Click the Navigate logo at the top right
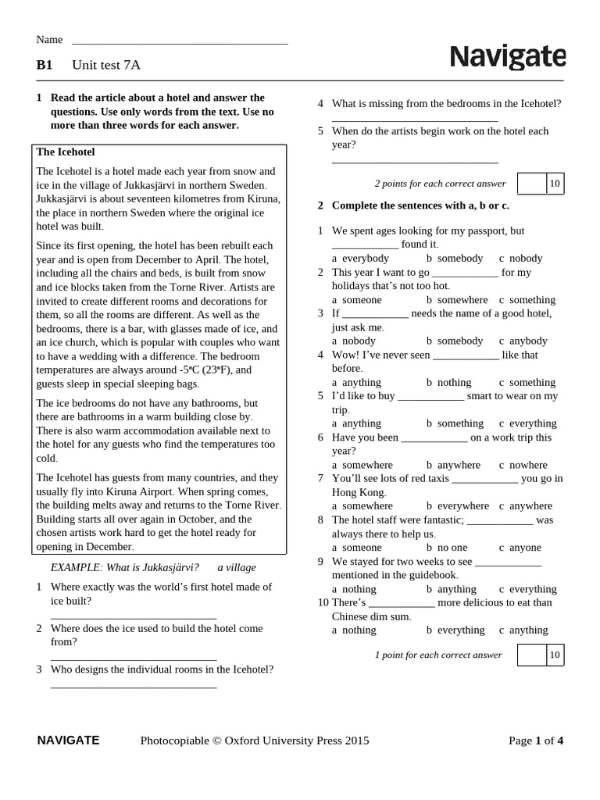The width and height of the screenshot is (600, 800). pos(507,57)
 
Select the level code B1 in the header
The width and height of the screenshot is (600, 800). pos(45,65)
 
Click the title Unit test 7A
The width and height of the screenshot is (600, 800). pos(106,65)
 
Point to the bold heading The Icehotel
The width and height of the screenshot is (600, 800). pos(66,152)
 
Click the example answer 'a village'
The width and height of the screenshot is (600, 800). pos(237,567)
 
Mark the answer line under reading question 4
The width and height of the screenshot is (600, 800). pos(415,120)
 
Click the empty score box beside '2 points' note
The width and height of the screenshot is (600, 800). pos(532,184)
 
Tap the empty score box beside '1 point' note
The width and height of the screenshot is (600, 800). pos(531,655)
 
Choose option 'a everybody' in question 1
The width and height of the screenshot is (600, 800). pos(360,258)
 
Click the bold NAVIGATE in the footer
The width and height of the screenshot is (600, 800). pos(68,740)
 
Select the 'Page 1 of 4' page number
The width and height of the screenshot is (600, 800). pos(535,741)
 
